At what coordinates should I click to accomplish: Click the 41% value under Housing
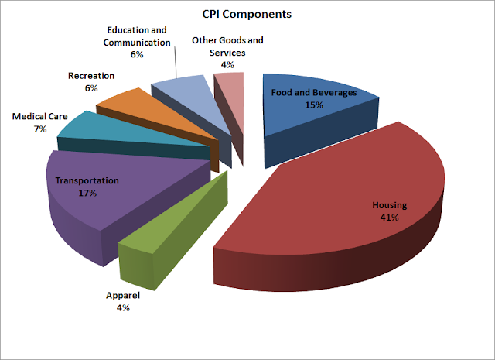pyautogui.click(x=389, y=218)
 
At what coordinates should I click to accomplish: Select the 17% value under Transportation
pyautogui.click(x=87, y=193)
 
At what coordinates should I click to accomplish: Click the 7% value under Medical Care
pyautogui.click(x=39, y=129)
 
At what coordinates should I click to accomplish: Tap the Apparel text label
pyautogui.click(x=123, y=296)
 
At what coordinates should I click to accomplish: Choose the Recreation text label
pyautogui.click(x=91, y=76)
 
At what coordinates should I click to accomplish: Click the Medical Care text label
pyautogui.click(x=39, y=117)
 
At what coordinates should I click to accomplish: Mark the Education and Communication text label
pyautogui.click(x=135, y=37)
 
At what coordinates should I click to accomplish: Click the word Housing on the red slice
pyautogui.click(x=388, y=205)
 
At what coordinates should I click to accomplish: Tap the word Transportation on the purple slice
pyautogui.click(x=87, y=180)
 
